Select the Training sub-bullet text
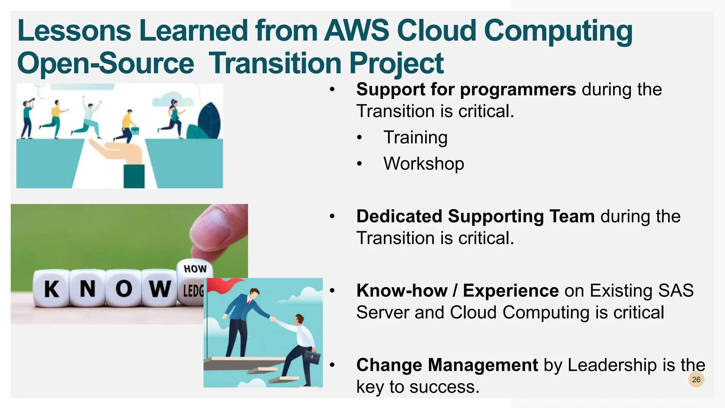(416, 137)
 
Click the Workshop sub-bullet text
(424, 164)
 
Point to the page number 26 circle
(696, 379)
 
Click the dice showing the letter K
(52, 289)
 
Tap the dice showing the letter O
(124, 289)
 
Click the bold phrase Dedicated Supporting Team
(475, 216)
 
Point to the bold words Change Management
(447, 365)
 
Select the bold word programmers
(518, 90)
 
